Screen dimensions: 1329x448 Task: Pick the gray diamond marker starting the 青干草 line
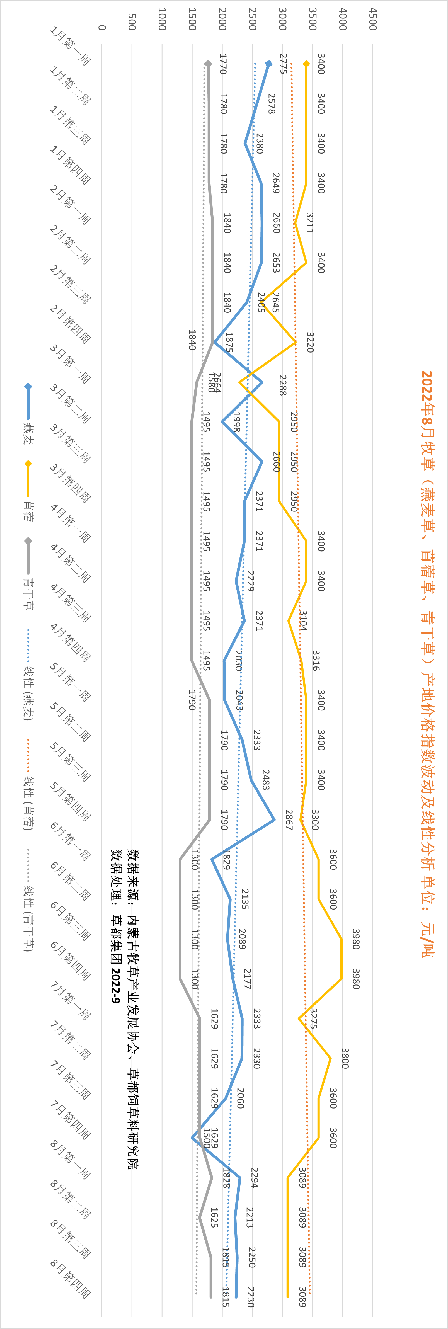click(x=207, y=64)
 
